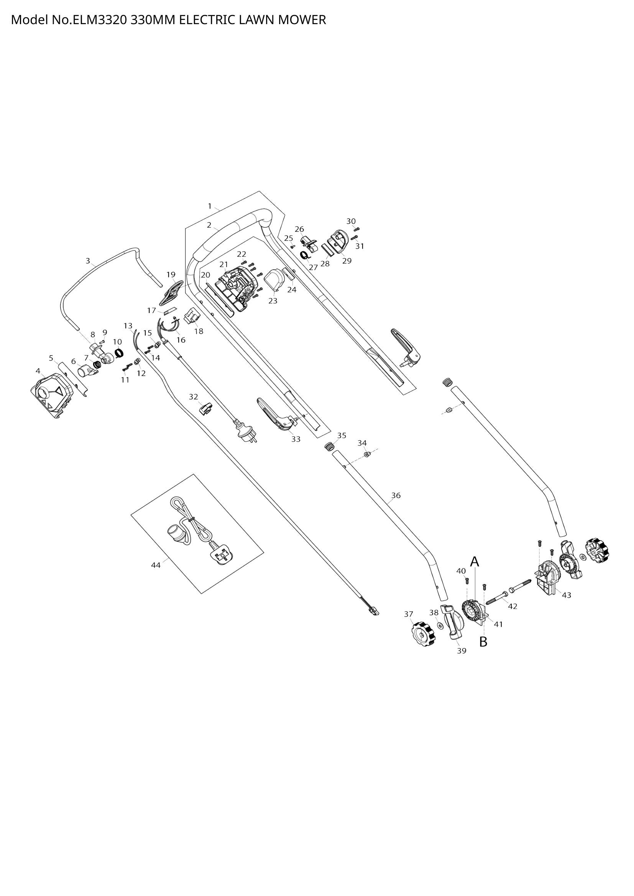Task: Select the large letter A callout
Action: coord(474,562)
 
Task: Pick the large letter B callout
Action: coord(483,642)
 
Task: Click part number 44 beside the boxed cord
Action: coord(156,565)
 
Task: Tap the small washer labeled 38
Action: coord(440,626)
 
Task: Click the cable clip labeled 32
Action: coord(206,409)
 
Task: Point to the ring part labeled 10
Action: coord(119,354)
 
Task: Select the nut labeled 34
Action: coord(366,454)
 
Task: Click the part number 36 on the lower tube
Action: coord(396,496)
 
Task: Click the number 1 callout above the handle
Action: coord(210,206)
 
